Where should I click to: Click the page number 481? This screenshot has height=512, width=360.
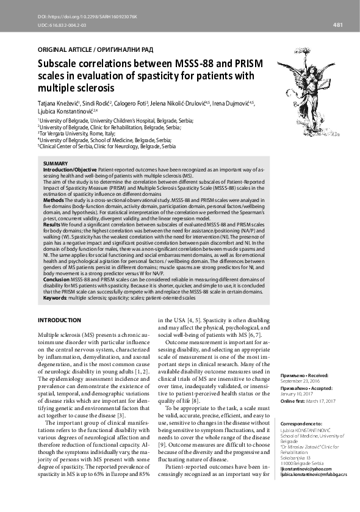[337, 24]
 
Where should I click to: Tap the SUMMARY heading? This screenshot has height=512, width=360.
[56, 163]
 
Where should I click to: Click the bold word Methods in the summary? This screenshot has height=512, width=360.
[54, 200]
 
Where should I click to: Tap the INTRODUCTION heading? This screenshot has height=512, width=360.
[59, 320]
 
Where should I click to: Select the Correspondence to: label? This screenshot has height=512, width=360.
[300, 423]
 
